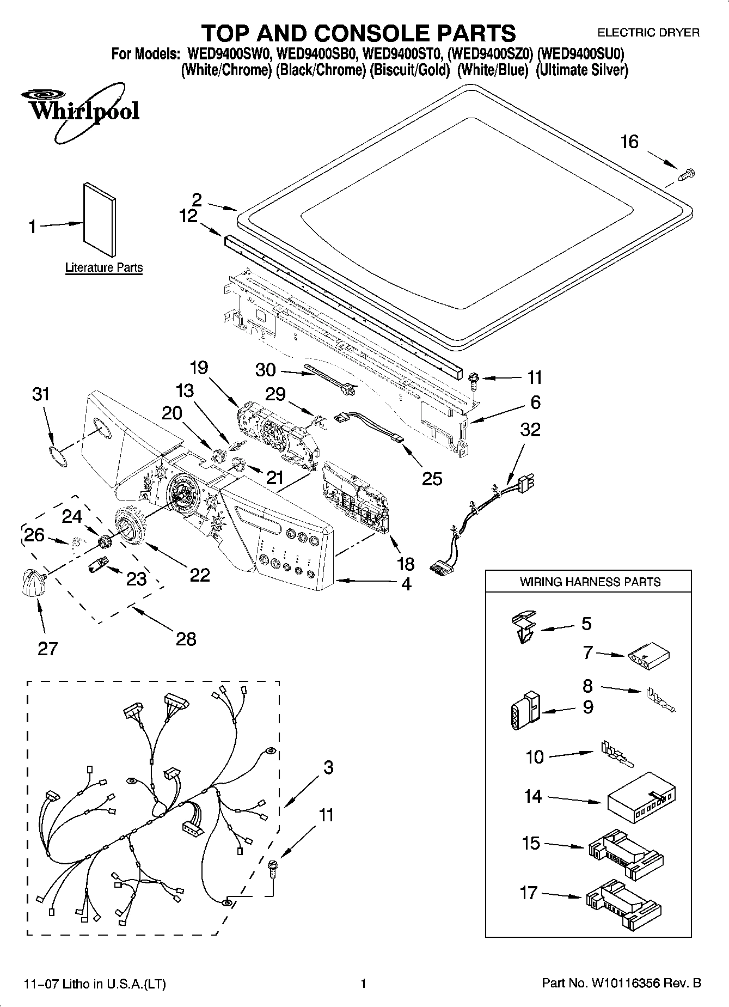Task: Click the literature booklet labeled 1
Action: click(x=99, y=219)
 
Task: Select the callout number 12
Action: click(x=188, y=216)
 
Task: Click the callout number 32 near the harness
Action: click(x=530, y=429)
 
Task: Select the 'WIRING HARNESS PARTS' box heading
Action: click(x=590, y=582)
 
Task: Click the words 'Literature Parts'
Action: click(x=104, y=267)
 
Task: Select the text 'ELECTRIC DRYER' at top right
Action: click(x=648, y=33)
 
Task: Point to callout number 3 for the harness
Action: click(x=328, y=768)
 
